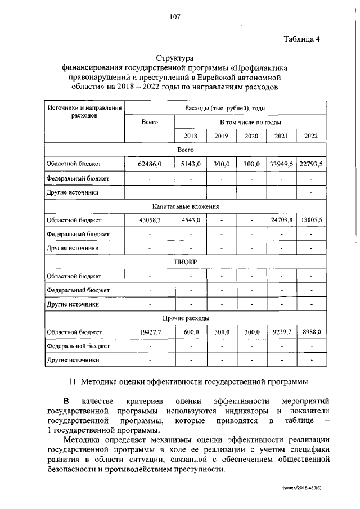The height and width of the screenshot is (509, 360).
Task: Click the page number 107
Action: tap(174, 17)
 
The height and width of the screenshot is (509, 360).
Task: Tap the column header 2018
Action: tap(191, 136)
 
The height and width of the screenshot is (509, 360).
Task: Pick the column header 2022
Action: tap(311, 136)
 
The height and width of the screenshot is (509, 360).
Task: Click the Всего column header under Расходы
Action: tap(149, 122)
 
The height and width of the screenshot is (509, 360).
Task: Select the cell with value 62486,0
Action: tap(149, 164)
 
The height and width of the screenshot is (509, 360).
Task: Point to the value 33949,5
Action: tap(281, 164)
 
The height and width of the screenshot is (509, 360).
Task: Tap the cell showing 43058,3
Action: tap(149, 220)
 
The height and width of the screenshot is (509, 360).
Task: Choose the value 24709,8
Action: tap(281, 220)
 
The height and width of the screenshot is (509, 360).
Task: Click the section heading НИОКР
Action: tap(185, 262)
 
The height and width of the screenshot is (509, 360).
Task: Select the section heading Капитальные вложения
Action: tap(185, 206)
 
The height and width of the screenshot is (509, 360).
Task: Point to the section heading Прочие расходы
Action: tap(185, 318)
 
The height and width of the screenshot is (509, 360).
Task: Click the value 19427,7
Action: tap(149, 332)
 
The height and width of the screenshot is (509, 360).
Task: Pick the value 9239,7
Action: tap(281, 332)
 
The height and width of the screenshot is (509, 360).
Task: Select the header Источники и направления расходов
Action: tap(84, 111)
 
